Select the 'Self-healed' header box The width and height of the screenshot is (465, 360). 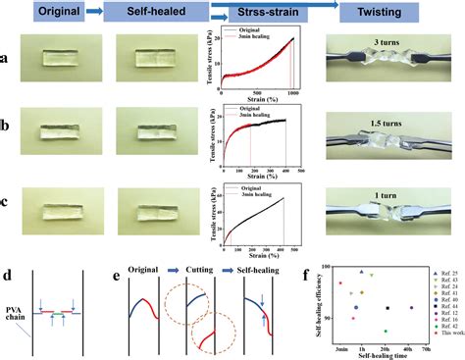151,12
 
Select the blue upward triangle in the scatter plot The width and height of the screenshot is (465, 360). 362,272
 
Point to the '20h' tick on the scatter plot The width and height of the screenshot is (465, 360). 386,347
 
